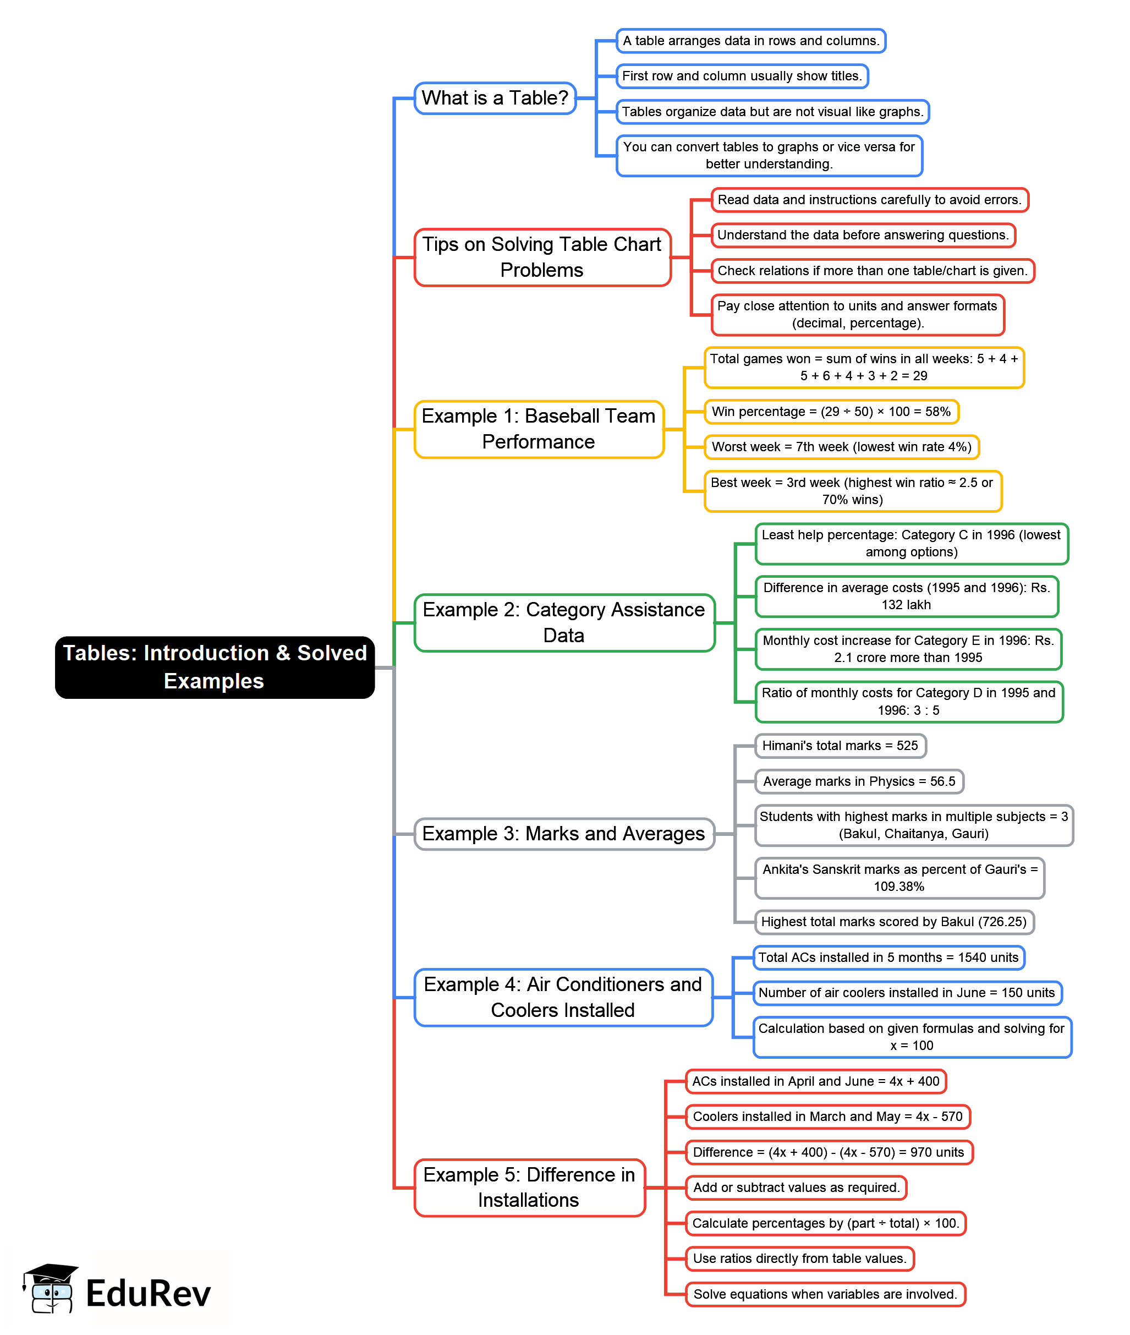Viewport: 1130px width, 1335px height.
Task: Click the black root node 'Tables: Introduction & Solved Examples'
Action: point(215,667)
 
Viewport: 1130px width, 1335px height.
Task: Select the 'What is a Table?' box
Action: point(495,98)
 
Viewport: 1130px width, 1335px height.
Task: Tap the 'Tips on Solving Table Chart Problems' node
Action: point(542,257)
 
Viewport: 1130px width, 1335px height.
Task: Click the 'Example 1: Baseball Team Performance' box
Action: point(538,429)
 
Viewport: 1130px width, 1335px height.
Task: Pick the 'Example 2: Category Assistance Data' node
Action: point(564,622)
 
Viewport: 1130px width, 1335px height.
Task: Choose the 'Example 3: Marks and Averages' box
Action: point(564,834)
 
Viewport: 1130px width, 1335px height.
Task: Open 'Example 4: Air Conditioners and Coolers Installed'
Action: point(562,997)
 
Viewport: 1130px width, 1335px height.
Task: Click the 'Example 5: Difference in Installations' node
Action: point(529,1187)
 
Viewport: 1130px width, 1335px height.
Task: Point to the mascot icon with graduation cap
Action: point(50,1289)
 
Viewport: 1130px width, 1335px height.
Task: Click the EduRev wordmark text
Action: point(148,1293)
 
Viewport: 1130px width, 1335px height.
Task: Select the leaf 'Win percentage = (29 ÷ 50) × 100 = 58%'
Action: point(831,411)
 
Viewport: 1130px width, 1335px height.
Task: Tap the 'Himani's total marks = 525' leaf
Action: point(840,746)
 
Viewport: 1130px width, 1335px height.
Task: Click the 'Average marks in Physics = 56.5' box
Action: point(858,781)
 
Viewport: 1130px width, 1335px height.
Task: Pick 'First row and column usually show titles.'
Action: point(742,75)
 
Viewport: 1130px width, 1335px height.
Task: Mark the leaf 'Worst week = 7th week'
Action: point(841,446)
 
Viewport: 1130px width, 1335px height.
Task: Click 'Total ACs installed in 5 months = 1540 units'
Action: point(888,957)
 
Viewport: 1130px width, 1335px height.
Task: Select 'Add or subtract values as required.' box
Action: point(796,1187)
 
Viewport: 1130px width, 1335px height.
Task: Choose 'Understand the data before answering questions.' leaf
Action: point(863,234)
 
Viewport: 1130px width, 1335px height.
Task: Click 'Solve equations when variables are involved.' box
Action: point(825,1293)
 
